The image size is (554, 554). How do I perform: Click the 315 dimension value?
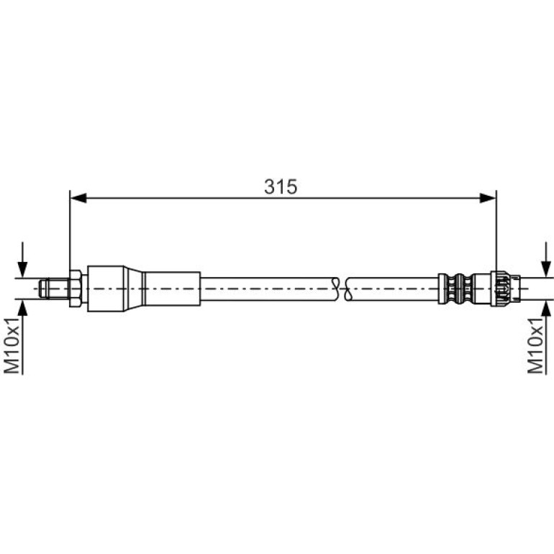coord(281,186)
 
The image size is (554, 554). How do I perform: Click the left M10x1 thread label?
coord(12,345)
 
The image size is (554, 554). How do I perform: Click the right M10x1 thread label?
coord(535,345)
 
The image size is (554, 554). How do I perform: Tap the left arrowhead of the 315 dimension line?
coord(78,198)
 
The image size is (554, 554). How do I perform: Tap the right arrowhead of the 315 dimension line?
coord(488,198)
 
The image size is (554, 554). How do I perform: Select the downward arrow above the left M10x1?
coord(22,260)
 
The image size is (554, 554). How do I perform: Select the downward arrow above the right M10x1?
coord(546,260)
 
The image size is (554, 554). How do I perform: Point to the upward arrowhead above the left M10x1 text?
coord(22,308)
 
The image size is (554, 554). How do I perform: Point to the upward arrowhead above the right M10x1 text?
coord(546,308)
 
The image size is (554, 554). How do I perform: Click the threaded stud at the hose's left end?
coord(54,289)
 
